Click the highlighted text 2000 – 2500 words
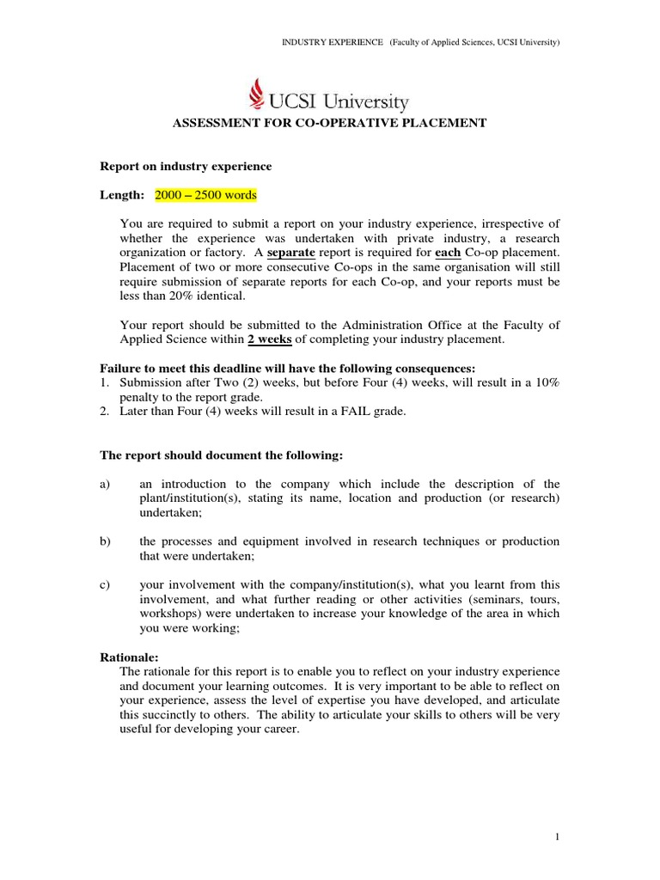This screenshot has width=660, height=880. (x=205, y=195)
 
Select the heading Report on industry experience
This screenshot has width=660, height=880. (x=186, y=166)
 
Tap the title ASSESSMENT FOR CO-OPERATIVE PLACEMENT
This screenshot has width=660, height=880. (x=330, y=123)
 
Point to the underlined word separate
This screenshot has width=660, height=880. (x=291, y=253)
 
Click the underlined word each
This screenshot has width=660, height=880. (x=449, y=253)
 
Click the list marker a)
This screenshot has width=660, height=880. (x=107, y=484)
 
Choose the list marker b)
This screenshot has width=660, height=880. (x=107, y=541)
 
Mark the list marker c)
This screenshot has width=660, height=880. (x=107, y=585)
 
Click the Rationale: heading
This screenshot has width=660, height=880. (x=130, y=657)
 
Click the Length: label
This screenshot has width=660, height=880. (x=123, y=195)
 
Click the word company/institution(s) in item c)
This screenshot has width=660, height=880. (x=365, y=585)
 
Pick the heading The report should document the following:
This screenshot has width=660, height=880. (x=222, y=455)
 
